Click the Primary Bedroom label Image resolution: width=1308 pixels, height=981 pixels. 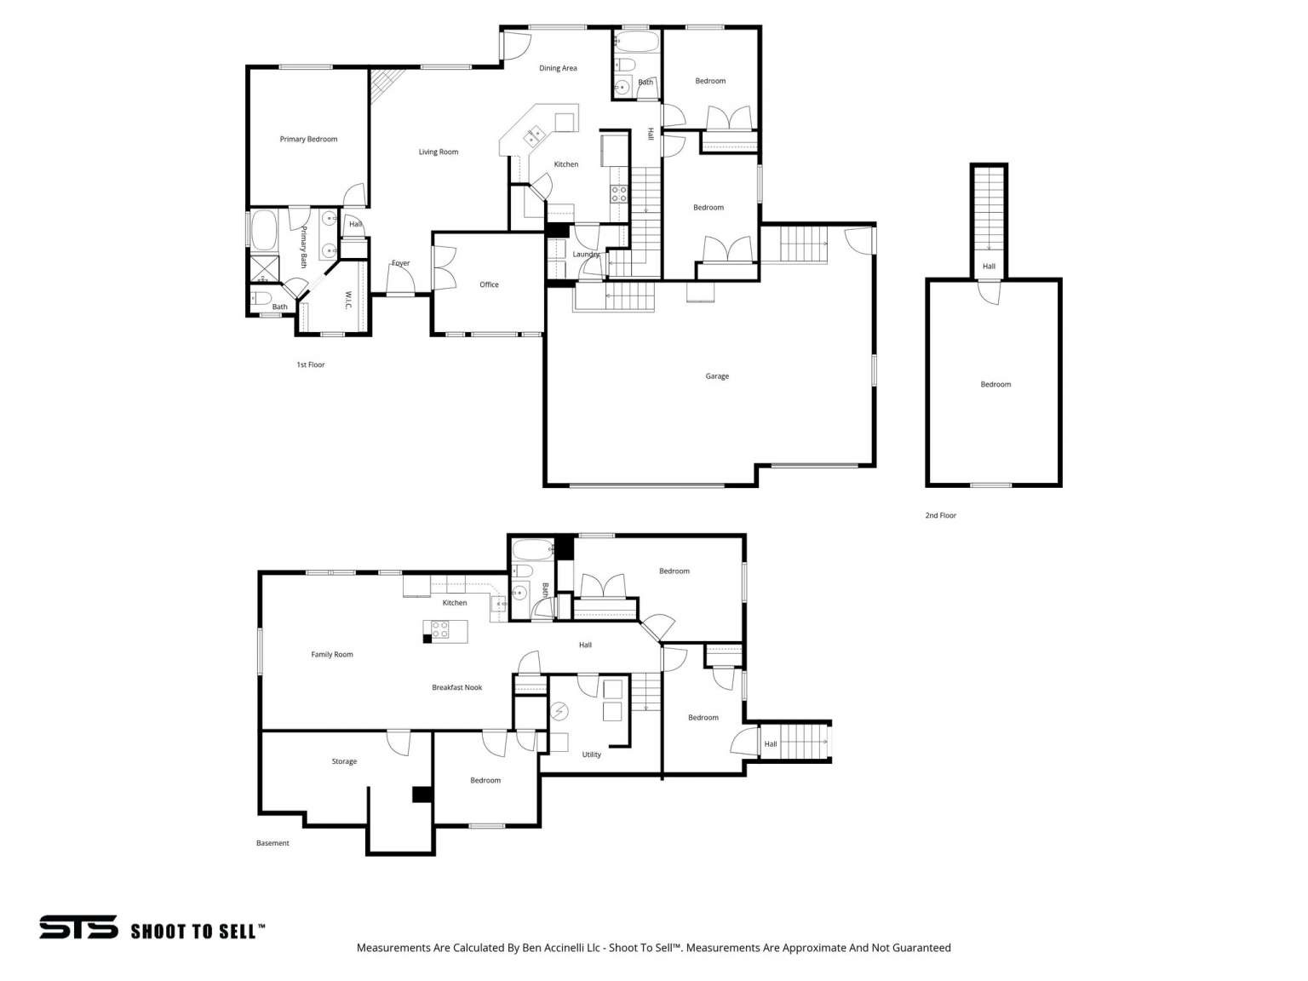coord(308,139)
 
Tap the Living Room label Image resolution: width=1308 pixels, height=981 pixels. coord(438,152)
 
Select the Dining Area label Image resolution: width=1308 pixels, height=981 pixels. coord(558,68)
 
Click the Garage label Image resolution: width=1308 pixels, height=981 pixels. coord(716,376)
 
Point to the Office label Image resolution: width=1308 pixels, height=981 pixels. coord(489,284)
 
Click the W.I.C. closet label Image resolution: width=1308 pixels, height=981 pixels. coord(348,300)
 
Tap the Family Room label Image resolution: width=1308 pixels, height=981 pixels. coord(331,655)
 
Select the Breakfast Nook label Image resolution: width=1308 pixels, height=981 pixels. coord(456,687)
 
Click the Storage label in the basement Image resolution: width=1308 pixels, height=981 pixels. coord(344,761)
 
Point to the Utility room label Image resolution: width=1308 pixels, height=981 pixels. coord(591,754)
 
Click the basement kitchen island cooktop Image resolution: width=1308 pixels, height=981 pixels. coord(439,630)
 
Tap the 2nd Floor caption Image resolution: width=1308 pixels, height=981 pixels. coord(940,515)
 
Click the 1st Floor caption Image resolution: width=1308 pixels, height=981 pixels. coord(310,364)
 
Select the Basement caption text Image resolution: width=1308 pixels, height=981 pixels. coord(272,843)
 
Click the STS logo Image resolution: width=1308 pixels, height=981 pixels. coord(78,927)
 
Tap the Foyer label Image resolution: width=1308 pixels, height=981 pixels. coord(400,263)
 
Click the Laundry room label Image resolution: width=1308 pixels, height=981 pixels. coord(586,254)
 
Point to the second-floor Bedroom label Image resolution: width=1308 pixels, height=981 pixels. coord(995,384)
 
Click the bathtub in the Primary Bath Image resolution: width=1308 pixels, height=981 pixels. coord(264,230)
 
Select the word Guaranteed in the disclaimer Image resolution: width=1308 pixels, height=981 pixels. coord(921,948)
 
